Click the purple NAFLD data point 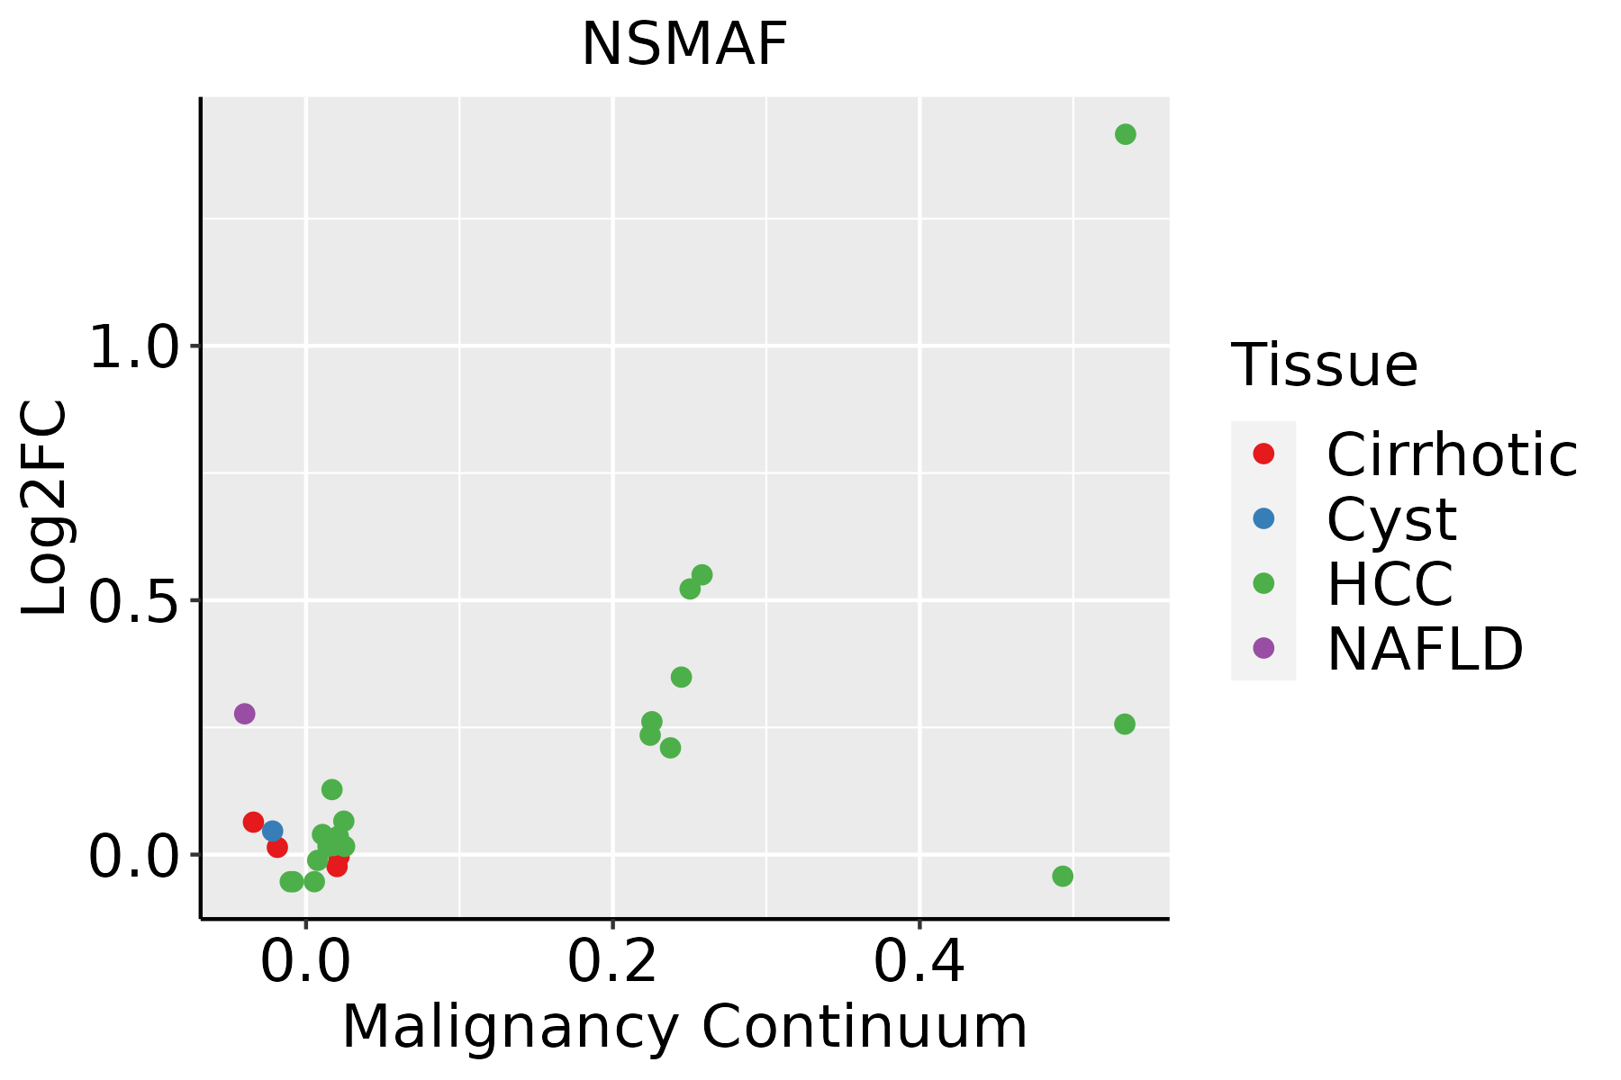(x=244, y=714)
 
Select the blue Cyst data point (x=272, y=831)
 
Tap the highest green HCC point (x=1125, y=135)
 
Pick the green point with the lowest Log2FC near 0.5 (x=1063, y=877)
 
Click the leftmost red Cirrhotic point (x=253, y=822)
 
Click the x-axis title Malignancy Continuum (x=684, y=1027)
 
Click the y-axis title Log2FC (x=45, y=508)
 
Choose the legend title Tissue (x=1324, y=365)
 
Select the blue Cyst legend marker (x=1263, y=518)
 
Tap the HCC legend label (x=1390, y=583)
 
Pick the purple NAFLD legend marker (x=1263, y=647)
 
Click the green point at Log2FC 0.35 (x=681, y=677)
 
